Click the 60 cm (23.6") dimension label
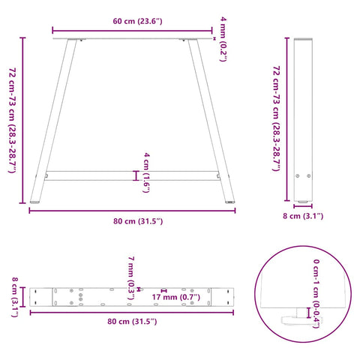click(x=137, y=21)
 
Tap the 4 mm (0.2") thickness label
click(x=223, y=39)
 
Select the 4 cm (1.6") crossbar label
click(x=146, y=172)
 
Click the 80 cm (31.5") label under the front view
click(x=138, y=221)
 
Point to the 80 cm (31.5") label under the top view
click(x=132, y=321)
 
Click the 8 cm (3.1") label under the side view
click(x=303, y=216)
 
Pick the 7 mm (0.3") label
click(x=131, y=277)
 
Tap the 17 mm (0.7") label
click(x=176, y=297)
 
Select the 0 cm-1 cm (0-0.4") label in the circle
click(x=316, y=294)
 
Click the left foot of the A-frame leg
click(x=35, y=202)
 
